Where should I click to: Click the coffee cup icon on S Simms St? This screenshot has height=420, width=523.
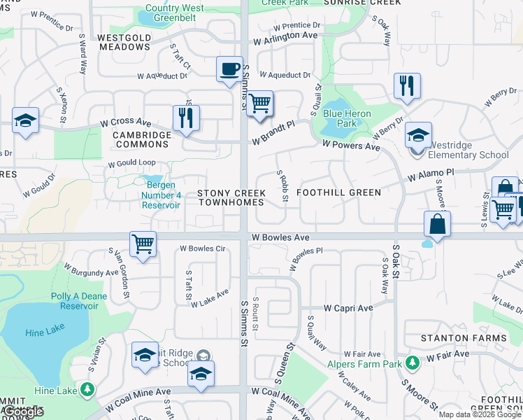pyautogui.click(x=229, y=69)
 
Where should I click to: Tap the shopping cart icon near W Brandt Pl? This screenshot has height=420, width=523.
pyautogui.click(x=259, y=104)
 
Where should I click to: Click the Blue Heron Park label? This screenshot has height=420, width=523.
pyautogui.click(x=347, y=118)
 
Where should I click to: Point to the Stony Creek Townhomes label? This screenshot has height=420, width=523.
pyautogui.click(x=231, y=197)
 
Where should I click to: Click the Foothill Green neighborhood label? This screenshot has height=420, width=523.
pyautogui.click(x=339, y=192)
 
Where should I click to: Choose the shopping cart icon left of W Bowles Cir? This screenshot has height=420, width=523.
pyautogui.click(x=143, y=244)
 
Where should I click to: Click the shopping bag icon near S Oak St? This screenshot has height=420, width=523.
pyautogui.click(x=437, y=225)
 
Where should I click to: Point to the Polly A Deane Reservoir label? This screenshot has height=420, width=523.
pyautogui.click(x=79, y=301)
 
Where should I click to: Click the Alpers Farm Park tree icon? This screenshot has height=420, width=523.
pyautogui.click(x=413, y=361)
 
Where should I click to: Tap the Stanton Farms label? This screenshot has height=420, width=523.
pyautogui.click(x=464, y=338)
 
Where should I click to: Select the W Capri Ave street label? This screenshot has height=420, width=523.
pyautogui.click(x=347, y=308)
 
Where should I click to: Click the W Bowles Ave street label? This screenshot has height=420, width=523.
pyautogui.click(x=281, y=238)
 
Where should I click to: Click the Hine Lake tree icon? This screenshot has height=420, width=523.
pyautogui.click(x=87, y=389)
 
